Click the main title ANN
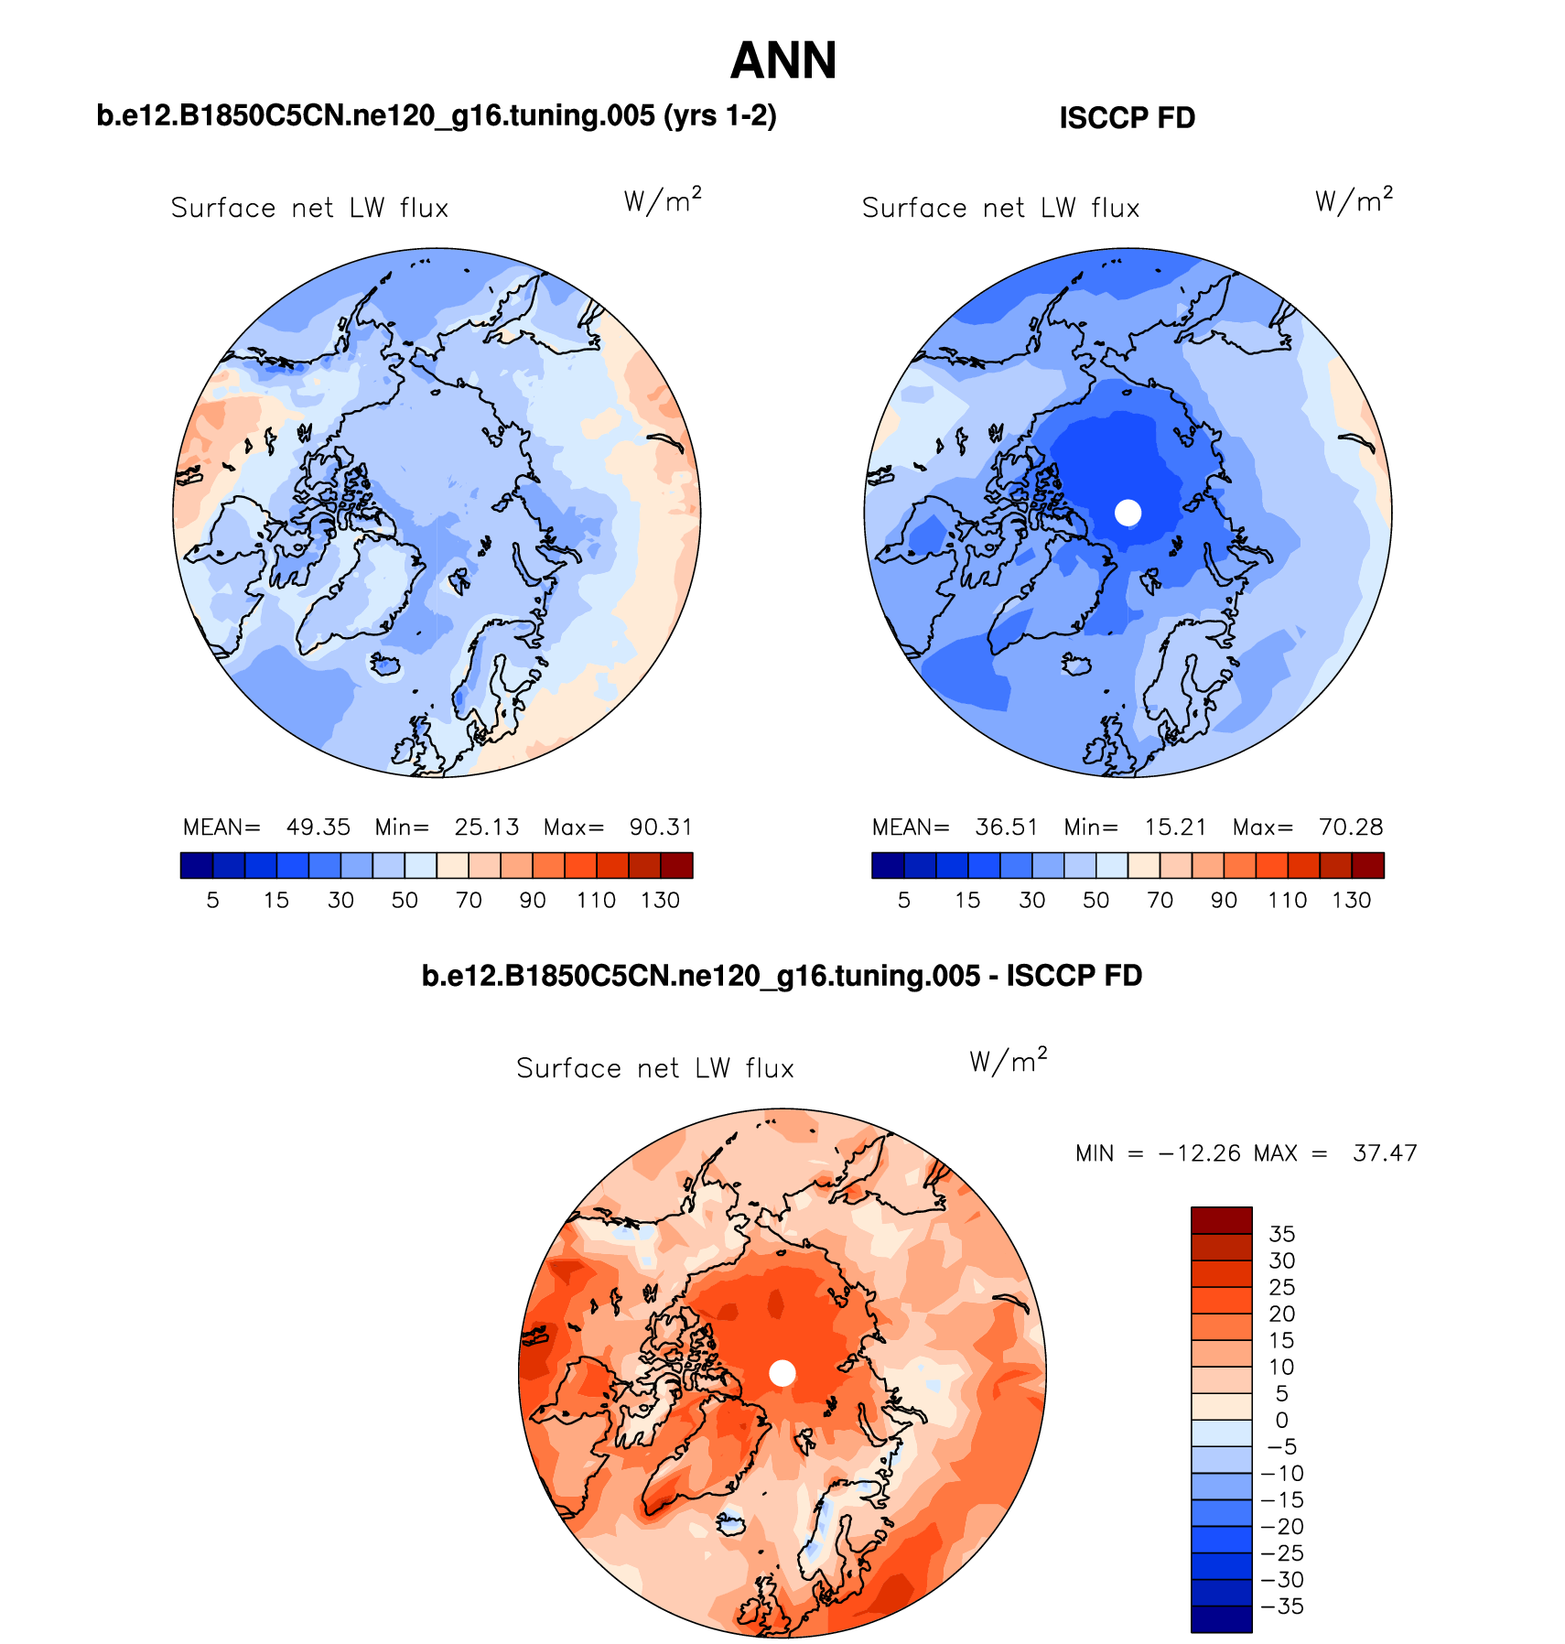click(782, 61)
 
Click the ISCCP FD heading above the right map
click(1127, 118)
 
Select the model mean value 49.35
click(318, 827)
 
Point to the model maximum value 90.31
click(661, 827)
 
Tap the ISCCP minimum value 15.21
click(1175, 827)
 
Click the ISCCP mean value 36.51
click(1006, 827)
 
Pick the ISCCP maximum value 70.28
click(1351, 827)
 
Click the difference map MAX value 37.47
click(1385, 1153)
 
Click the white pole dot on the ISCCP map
click(1128, 513)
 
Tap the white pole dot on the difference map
click(782, 1373)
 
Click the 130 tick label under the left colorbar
click(660, 901)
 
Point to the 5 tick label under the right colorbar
click(903, 901)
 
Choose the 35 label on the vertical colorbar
click(1281, 1234)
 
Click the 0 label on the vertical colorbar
click(1281, 1420)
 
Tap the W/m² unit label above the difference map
click(1008, 1061)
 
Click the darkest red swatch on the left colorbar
click(676, 865)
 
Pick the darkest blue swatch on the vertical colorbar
click(1221, 1618)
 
